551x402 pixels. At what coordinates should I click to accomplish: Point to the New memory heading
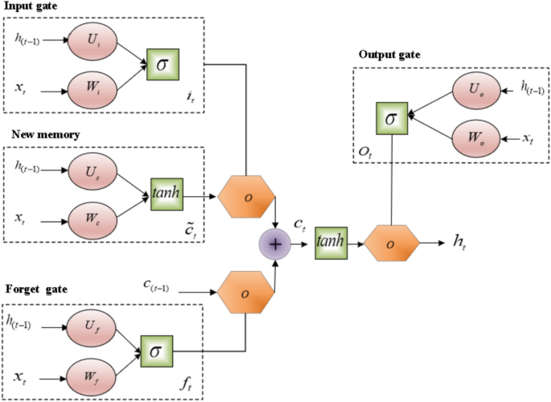(39, 134)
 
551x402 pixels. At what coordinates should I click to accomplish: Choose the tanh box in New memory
(167, 194)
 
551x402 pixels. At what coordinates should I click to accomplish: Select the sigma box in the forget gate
(156, 352)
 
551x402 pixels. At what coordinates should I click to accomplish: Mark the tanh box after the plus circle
(331, 240)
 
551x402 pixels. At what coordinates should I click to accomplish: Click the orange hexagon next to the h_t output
(392, 241)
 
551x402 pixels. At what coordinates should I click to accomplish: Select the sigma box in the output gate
(391, 117)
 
